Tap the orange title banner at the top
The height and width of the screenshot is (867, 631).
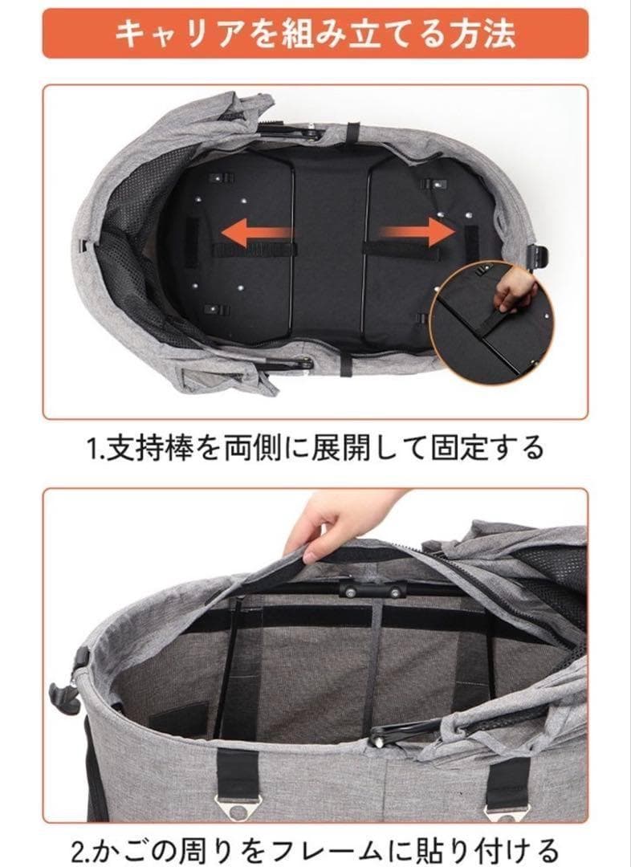click(x=315, y=33)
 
